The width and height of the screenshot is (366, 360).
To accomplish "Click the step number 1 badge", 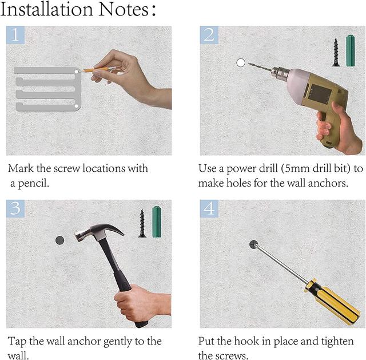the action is coord(15,35).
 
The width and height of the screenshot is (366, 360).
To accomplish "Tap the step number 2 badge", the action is coord(209,35).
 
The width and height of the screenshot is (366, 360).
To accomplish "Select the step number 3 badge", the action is coord(15,209).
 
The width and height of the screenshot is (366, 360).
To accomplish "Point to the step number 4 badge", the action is coord(209,209).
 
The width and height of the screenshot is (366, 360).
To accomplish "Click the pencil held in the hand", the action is coord(98,69).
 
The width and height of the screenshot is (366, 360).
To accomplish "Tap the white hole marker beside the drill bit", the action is coord(241,62).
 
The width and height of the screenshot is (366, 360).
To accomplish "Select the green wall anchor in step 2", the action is coord(351,51).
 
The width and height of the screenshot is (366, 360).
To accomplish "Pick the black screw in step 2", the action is coord(336,52).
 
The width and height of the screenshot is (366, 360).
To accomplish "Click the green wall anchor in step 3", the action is coord(157,221).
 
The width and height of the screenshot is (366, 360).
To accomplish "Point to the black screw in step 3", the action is coord(142,223).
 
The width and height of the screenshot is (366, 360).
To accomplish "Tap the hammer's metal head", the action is coord(98,232).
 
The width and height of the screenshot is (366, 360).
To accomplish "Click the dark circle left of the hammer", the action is coord(59,240).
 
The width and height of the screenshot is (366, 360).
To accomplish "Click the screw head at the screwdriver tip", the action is coord(253,244).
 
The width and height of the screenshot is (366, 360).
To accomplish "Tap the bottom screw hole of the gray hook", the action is coord(76,106).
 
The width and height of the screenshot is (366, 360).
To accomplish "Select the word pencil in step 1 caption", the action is coord(33,184).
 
